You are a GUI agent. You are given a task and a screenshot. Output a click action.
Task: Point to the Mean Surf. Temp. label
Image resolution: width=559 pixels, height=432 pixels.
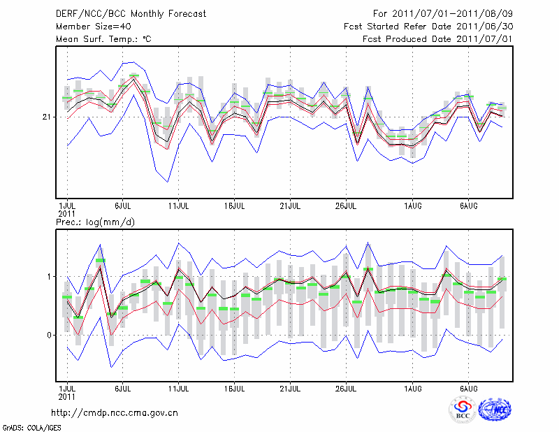click(103, 38)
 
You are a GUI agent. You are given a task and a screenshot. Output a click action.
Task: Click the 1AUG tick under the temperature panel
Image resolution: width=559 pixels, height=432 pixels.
click(412, 206)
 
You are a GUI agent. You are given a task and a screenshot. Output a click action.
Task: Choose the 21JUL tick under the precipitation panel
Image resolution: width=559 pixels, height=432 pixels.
click(290, 387)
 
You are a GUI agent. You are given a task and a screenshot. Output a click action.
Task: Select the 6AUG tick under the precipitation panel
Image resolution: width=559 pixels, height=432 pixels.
click(468, 387)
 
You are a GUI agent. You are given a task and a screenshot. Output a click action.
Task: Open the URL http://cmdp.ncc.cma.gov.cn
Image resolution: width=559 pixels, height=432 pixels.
click(115, 413)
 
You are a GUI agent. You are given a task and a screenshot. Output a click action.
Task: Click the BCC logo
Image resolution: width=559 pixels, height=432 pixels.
click(463, 410)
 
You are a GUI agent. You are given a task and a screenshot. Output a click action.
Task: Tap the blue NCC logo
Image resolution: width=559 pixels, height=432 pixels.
click(494, 410)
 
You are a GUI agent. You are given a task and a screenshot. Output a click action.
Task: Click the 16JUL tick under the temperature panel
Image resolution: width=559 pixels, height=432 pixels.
click(235, 206)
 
